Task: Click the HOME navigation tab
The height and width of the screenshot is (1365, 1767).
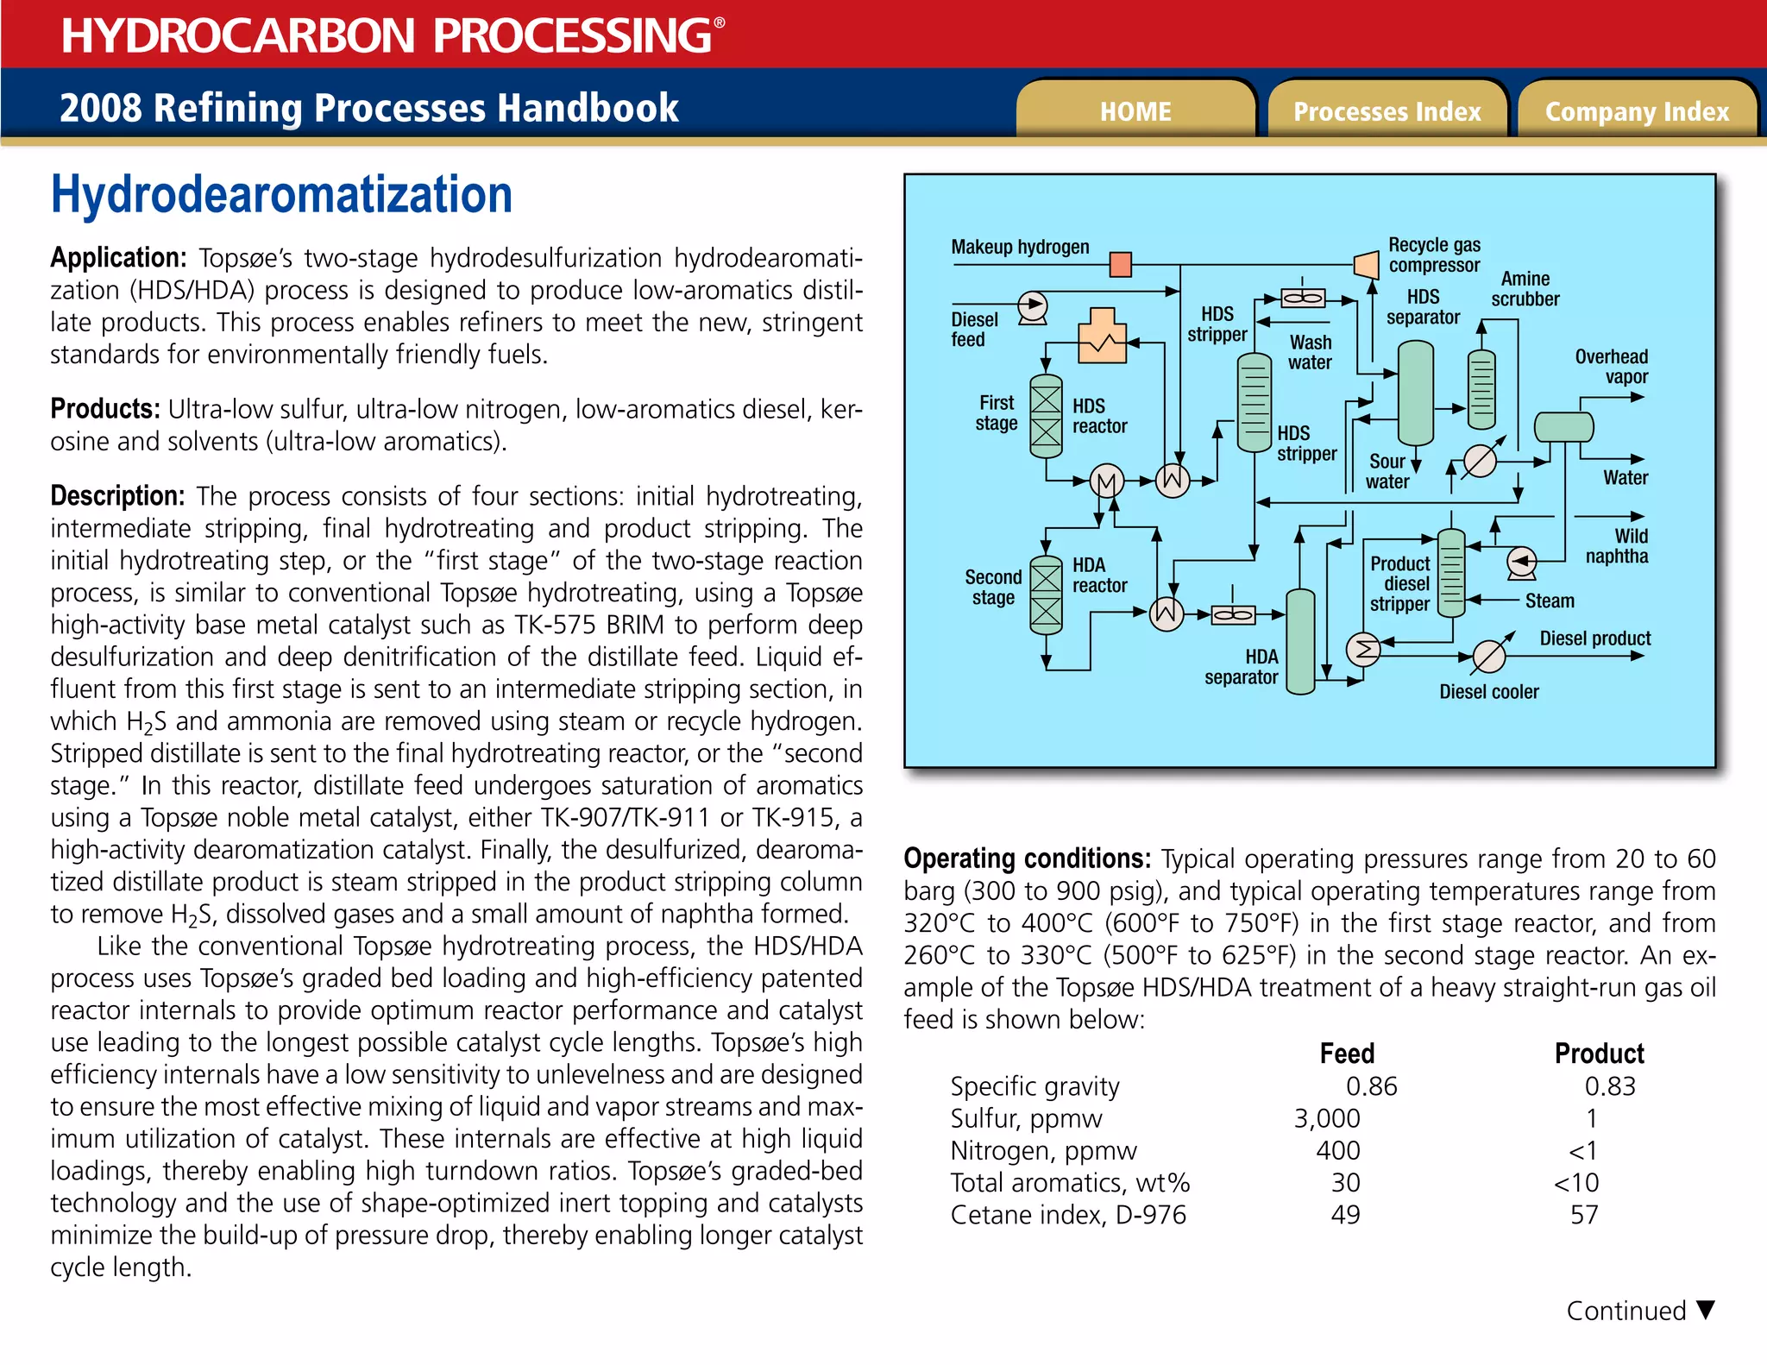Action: point(1135,111)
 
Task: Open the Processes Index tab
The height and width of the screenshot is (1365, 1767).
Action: point(1387,111)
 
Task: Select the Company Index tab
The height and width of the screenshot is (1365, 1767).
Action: point(1637,111)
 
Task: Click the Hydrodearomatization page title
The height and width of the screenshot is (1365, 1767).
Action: point(281,194)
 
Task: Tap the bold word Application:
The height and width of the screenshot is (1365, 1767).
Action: point(118,257)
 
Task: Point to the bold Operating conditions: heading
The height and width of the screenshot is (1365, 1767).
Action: point(1027,859)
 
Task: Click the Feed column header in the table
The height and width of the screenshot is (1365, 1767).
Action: point(1347,1054)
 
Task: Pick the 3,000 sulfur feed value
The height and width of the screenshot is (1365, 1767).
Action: point(1327,1118)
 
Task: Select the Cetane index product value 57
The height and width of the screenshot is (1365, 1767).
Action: point(1584,1215)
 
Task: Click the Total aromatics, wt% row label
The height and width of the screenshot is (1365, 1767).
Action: point(1070,1183)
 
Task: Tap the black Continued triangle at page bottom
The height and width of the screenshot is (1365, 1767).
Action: point(1705,1310)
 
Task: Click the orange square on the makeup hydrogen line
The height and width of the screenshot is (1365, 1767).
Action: point(1120,264)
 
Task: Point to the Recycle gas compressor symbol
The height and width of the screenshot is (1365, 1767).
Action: point(1367,264)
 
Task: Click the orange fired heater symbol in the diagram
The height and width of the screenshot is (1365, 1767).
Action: point(1103,337)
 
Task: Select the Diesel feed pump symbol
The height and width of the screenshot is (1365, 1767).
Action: point(1033,306)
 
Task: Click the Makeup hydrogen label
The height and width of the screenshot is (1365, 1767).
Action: point(1020,247)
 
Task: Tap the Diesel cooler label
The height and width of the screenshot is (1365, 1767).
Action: point(1488,692)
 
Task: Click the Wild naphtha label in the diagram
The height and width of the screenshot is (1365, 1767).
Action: point(1617,546)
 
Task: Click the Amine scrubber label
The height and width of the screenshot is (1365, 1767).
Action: point(1525,289)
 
